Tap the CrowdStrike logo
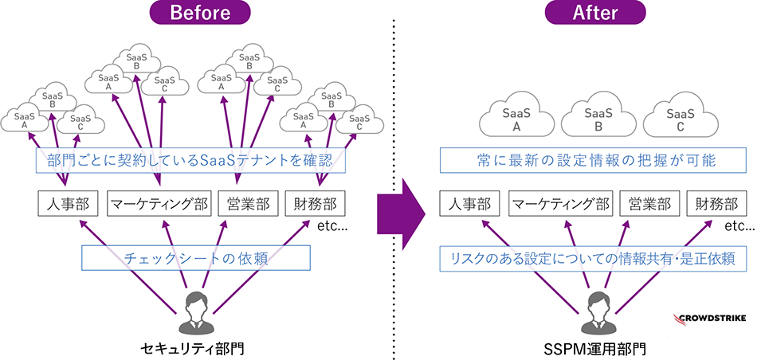tap(710, 319)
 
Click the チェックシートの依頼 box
tap(195, 257)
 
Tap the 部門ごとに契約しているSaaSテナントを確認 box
tap(192, 161)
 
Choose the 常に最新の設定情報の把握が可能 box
tap(593, 161)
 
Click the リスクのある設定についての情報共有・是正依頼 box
tap(593, 257)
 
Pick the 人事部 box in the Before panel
tap(68, 204)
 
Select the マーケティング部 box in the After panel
tap(560, 204)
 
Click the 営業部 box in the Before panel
tap(247, 204)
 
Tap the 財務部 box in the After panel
tap(714, 204)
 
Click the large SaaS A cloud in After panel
tap(516, 119)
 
